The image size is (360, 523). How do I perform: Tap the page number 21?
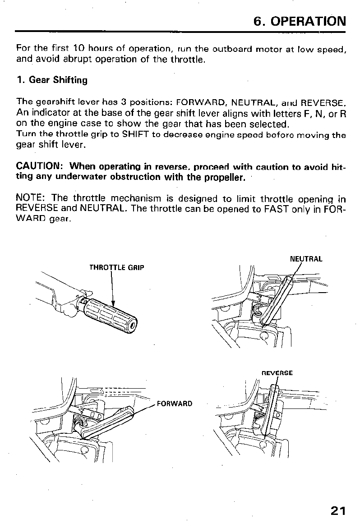337,510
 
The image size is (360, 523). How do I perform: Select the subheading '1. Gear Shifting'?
52,80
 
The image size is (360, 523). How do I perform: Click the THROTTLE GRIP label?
117,267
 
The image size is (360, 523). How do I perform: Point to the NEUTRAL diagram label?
306,259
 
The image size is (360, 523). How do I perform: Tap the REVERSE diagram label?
277,373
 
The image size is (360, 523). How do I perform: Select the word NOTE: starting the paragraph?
31,198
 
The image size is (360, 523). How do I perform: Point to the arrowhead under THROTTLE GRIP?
113,303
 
